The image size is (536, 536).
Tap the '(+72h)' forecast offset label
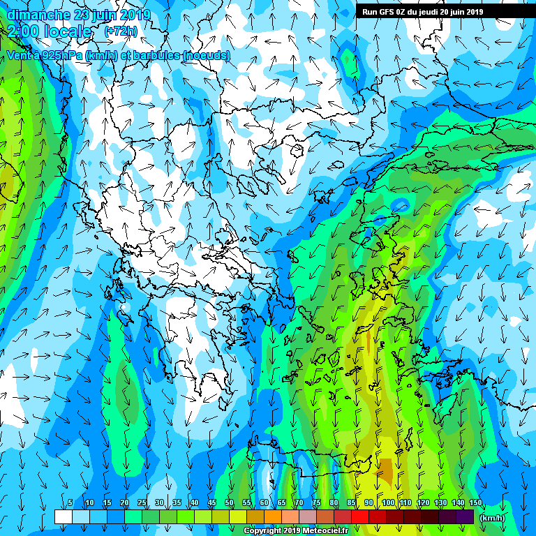coord(121,31)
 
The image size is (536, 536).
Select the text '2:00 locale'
coord(50,31)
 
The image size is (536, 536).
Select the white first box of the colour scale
coord(63,517)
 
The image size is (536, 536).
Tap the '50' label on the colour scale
coord(229,503)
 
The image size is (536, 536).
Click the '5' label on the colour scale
coord(70,503)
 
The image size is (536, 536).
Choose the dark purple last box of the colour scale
coord(464,517)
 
